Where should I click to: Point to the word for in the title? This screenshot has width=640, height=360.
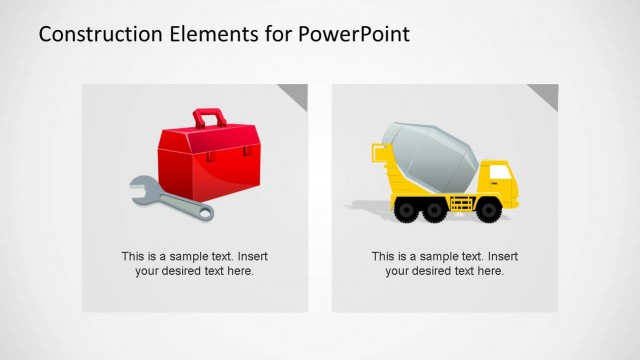pyautogui.click(x=273, y=35)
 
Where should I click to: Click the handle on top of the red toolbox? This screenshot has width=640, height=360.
pyautogui.click(x=209, y=118)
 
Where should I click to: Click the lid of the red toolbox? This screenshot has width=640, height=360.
pyautogui.click(x=207, y=140)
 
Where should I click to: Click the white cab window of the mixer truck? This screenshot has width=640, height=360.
pyautogui.click(x=499, y=172)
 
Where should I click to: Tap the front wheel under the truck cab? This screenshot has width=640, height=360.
pyautogui.click(x=490, y=209)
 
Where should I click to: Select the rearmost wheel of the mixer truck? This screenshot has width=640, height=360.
pyautogui.click(x=406, y=209)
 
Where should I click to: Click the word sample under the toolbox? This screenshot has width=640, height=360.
pyautogui.click(x=191, y=256)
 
